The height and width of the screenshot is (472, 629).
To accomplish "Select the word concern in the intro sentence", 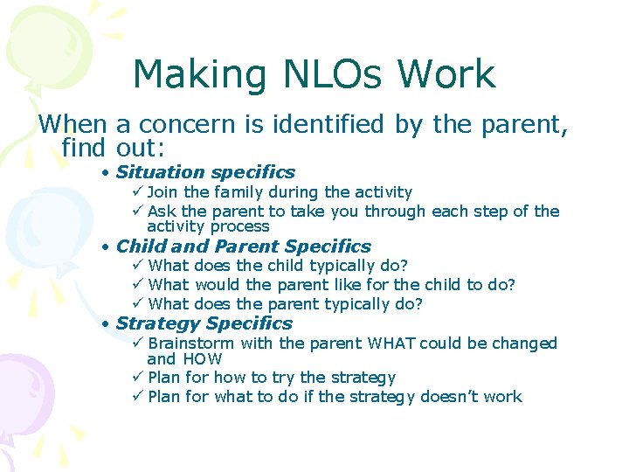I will pyautogui.click(x=192, y=125).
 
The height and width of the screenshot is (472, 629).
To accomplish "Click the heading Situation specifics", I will pyautogui.click(x=205, y=172).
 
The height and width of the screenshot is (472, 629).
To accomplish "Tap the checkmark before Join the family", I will pyautogui.click(x=136, y=192).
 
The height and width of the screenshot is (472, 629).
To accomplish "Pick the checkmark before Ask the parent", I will pyautogui.click(x=136, y=212).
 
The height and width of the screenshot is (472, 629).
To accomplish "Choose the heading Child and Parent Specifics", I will pyautogui.click(x=243, y=246).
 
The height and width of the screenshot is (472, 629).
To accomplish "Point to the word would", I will pyautogui.click(x=218, y=285).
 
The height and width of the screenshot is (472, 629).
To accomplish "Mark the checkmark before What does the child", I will pyautogui.click(x=136, y=266).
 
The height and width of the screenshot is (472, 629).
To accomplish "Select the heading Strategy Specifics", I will pyautogui.click(x=204, y=323).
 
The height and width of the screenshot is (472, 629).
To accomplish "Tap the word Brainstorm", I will pyautogui.click(x=191, y=344).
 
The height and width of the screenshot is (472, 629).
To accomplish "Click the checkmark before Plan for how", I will pyautogui.click(x=136, y=378).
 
